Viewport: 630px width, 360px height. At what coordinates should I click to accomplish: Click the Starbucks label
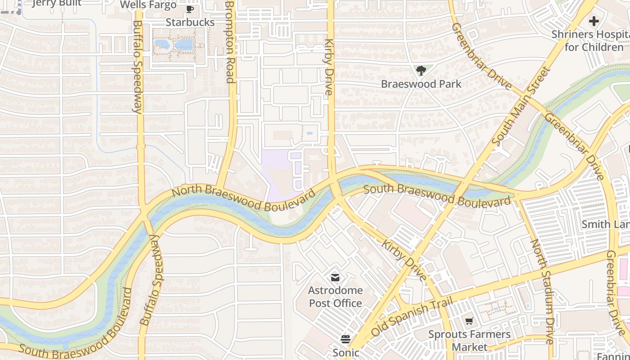click(190, 22)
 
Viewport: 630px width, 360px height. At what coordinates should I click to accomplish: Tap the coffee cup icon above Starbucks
click(190, 9)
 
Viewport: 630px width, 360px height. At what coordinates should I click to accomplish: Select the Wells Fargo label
click(148, 5)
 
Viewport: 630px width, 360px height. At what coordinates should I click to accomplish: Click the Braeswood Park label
click(421, 84)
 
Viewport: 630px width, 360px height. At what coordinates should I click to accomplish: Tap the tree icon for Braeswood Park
click(421, 70)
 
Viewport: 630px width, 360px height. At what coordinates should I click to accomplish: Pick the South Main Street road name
click(522, 106)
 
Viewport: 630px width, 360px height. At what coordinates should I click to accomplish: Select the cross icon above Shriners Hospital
click(594, 21)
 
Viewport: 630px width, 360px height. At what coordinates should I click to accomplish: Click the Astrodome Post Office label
click(335, 297)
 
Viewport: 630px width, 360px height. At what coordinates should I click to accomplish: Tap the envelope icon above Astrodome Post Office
click(335, 277)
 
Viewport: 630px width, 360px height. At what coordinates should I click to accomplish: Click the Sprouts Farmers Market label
click(469, 341)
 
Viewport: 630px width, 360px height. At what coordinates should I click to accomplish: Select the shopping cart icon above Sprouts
click(469, 321)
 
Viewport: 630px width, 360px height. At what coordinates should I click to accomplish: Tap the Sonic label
click(346, 352)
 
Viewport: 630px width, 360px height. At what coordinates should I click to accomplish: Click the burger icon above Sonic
click(346, 339)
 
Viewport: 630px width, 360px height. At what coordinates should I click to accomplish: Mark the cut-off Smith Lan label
click(605, 224)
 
